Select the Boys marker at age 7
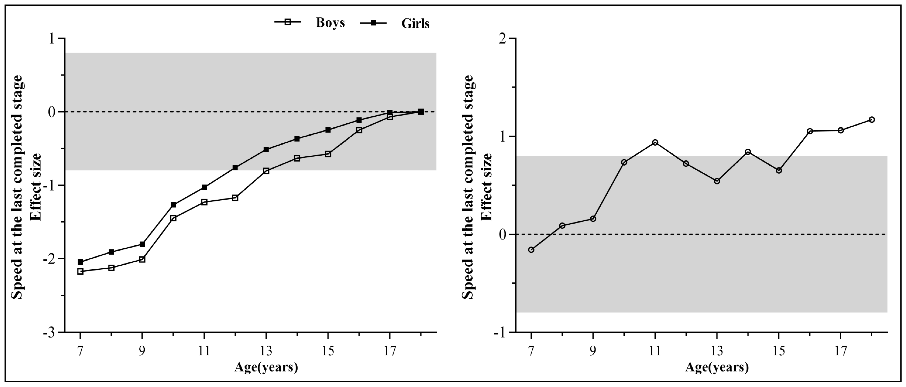(x=80, y=271)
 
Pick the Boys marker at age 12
(x=235, y=198)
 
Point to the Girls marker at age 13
(x=266, y=149)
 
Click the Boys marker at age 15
(x=328, y=154)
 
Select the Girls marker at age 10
(x=173, y=205)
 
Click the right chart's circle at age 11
(x=655, y=142)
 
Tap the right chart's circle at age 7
(x=531, y=250)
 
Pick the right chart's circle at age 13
(x=717, y=181)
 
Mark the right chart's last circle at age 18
(x=872, y=120)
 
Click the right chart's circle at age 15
(x=779, y=170)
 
